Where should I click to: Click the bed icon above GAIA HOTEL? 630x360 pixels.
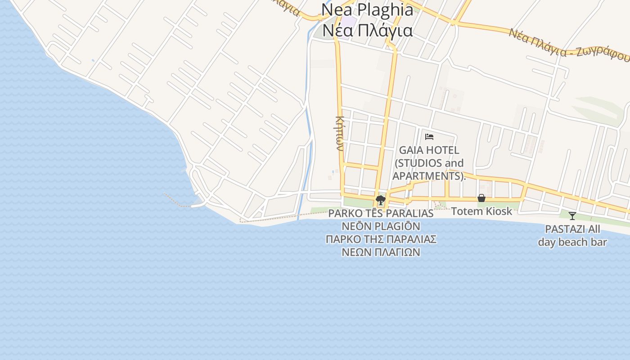point(429,136)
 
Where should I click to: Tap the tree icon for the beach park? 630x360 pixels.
point(381,200)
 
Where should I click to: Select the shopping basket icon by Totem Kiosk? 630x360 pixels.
point(481,198)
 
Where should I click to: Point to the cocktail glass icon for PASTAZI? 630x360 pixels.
point(572,216)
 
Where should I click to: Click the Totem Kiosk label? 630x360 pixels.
point(481,211)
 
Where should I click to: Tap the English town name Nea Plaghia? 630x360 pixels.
point(367,9)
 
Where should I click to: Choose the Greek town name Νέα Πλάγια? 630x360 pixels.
point(367,30)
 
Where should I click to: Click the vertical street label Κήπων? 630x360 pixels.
point(339,133)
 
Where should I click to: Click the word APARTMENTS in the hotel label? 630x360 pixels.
point(428,176)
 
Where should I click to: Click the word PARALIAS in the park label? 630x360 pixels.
point(409,213)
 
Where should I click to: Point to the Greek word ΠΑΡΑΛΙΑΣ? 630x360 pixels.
point(412,239)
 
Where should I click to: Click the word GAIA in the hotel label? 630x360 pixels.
point(409,150)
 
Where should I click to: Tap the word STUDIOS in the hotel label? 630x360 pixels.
point(414,163)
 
